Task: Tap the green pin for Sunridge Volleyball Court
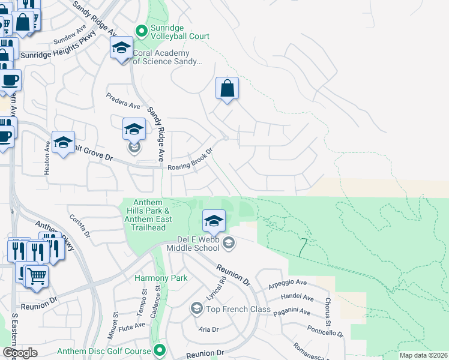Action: [x=141, y=30]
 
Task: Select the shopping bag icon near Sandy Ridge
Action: [x=228, y=89]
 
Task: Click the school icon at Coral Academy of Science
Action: [x=122, y=47]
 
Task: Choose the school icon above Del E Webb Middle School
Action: [x=214, y=220]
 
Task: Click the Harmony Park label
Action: [x=161, y=278]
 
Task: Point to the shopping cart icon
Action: [x=37, y=277]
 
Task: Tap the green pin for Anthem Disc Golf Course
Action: [x=159, y=350]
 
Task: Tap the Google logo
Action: [x=20, y=352]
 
